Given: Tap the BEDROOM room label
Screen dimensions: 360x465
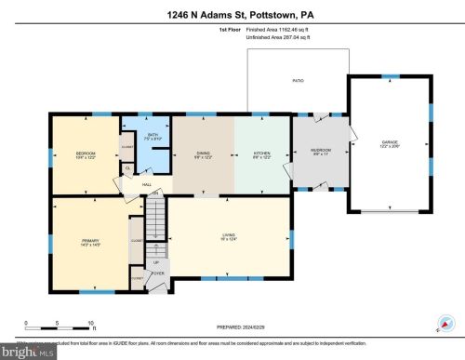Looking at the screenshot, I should [84, 152].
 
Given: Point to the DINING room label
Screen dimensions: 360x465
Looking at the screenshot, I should [203, 153].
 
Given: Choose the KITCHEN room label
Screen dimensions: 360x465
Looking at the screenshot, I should [261, 153].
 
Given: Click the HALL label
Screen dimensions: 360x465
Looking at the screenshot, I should [147, 183].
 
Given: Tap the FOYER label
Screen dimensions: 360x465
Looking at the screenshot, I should [158, 273].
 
